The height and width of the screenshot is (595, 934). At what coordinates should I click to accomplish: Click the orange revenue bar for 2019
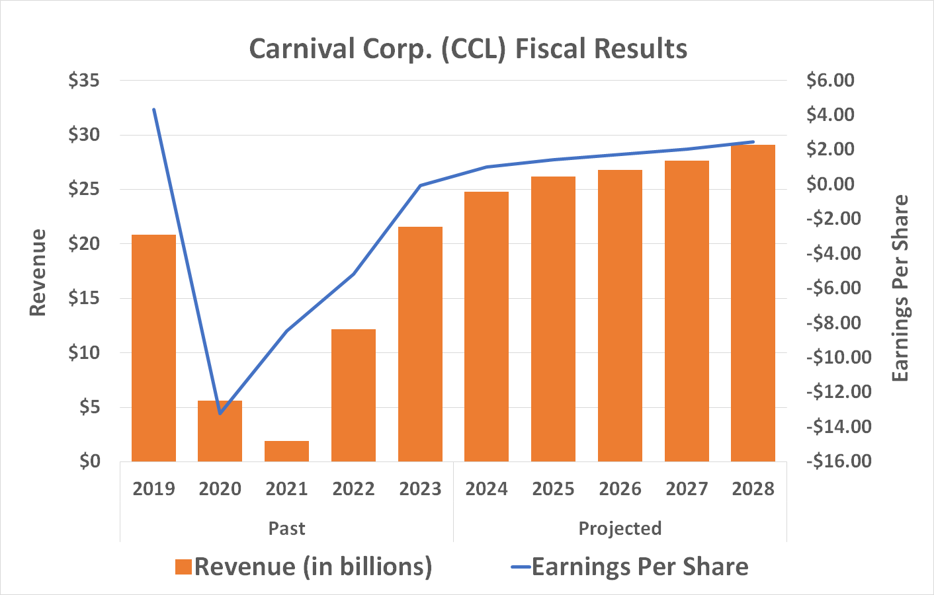coord(153,348)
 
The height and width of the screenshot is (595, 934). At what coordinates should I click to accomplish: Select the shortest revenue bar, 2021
coord(286,451)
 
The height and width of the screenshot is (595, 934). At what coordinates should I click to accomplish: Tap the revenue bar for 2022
coord(353,395)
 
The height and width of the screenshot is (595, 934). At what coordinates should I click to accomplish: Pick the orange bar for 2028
coord(753,303)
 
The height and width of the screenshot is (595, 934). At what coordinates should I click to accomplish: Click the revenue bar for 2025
coord(553,319)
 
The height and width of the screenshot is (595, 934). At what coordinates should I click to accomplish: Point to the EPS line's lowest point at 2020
coord(220,414)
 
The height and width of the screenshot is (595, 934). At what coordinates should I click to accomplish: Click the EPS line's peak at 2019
coord(154,109)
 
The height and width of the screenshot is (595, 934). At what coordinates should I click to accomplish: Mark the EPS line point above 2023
coord(420,185)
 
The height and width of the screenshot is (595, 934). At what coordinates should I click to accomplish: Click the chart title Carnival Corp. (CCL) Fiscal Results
coord(468,49)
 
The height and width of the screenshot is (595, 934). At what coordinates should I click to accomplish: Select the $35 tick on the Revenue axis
coord(84,81)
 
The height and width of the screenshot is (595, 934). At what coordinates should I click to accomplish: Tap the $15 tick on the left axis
coord(84,298)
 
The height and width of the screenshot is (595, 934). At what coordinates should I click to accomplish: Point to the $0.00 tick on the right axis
coord(830,184)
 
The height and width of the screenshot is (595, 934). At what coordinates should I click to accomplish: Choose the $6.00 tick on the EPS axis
coord(830,81)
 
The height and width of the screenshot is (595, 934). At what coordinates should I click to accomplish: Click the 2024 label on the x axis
coord(486,489)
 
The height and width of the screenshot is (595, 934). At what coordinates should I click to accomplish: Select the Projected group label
coord(620,528)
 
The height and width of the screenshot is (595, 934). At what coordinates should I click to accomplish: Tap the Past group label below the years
coord(286,528)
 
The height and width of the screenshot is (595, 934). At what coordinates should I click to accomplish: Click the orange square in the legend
coord(183,567)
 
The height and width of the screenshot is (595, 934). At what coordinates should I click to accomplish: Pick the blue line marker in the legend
coord(521,567)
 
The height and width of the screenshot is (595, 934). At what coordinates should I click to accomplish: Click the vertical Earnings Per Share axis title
coord(900,288)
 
